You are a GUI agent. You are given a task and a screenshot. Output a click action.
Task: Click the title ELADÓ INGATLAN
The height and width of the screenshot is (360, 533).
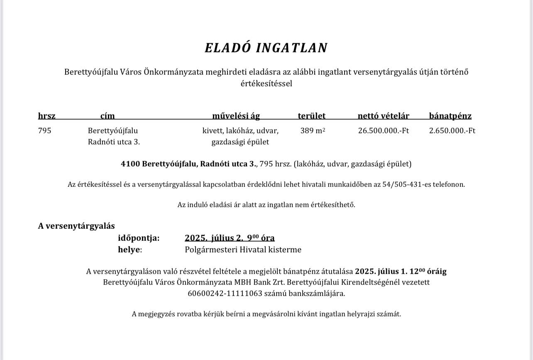pyautogui.click(x=266, y=48)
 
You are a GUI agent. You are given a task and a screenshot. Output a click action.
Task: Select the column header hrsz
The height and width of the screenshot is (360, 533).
pyautogui.click(x=46, y=116)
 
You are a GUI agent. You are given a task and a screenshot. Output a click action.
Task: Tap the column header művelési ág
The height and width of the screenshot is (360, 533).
pyautogui.click(x=236, y=116)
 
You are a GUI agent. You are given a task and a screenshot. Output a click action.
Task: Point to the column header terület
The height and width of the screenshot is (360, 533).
pyautogui.click(x=311, y=116)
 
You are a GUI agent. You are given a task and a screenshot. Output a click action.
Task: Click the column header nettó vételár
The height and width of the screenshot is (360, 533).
pyautogui.click(x=383, y=116)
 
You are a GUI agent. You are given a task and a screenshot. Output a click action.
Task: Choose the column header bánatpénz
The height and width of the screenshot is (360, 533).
pyautogui.click(x=450, y=116)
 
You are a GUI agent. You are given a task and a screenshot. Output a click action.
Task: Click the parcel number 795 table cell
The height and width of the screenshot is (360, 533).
pyautogui.click(x=44, y=131)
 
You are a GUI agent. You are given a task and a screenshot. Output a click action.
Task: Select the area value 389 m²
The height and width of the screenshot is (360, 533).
pyautogui.click(x=313, y=131)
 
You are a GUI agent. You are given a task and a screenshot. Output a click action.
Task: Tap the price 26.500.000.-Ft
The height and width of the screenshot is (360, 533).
pyautogui.click(x=383, y=131)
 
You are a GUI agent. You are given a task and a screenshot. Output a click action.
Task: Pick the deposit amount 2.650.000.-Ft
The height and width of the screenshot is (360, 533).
pyautogui.click(x=452, y=131)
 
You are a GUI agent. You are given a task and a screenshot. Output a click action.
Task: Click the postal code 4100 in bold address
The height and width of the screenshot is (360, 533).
pyautogui.click(x=130, y=164)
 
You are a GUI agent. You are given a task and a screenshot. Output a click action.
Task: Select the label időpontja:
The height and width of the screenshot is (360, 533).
pyautogui.click(x=139, y=238)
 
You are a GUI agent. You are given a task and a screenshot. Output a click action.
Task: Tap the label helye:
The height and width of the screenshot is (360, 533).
pyautogui.click(x=130, y=250)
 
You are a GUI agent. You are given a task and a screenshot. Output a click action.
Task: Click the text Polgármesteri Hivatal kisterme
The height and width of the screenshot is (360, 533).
pyautogui.click(x=243, y=250)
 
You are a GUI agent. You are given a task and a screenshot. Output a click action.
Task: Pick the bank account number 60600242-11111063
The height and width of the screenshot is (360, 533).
pyautogui.click(x=225, y=294)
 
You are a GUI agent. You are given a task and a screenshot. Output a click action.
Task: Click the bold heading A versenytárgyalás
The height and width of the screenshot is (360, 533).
pyautogui.click(x=76, y=226)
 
